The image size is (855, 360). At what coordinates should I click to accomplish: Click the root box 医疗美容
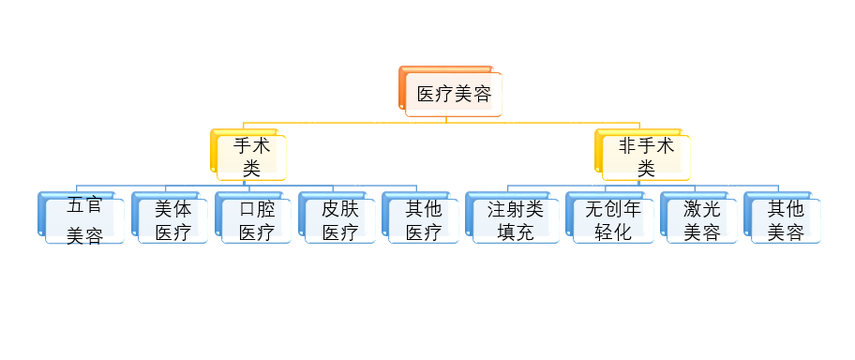click(x=454, y=94)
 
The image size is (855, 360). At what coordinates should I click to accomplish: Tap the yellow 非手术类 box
click(x=646, y=157)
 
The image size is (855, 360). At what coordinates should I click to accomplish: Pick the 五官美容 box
click(x=83, y=221)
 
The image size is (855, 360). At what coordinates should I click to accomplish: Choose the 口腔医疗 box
click(x=257, y=220)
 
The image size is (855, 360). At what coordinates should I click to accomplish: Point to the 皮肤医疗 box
click(x=340, y=220)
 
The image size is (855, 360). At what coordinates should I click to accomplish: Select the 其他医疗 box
click(x=424, y=220)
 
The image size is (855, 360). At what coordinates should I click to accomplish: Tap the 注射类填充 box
click(x=515, y=220)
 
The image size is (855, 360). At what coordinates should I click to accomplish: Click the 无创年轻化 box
click(x=612, y=220)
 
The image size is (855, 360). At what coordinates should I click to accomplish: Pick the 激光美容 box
click(x=701, y=220)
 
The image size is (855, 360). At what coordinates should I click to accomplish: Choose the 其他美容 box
click(x=786, y=220)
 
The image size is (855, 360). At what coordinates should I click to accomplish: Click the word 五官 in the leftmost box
click(x=84, y=207)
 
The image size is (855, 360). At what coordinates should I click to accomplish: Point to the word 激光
click(x=701, y=208)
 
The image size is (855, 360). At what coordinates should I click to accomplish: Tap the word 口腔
click(x=257, y=208)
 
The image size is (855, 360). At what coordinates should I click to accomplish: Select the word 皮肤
click(x=340, y=208)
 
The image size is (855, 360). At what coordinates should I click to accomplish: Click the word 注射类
click(x=515, y=208)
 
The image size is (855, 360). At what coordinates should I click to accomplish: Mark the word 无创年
click(x=612, y=208)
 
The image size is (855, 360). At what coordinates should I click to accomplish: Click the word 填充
click(x=515, y=232)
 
